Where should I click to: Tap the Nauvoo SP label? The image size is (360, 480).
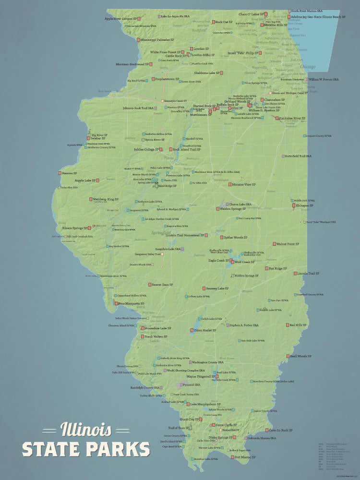click(x=69, y=173)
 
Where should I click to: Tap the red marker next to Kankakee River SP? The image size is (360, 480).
click(x=277, y=118)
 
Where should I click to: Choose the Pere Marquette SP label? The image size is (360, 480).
click(x=132, y=303)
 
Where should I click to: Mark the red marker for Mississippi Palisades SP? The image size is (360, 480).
click(x=138, y=40)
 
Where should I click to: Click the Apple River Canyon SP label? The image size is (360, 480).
click(x=121, y=19)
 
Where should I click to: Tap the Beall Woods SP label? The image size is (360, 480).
click(x=301, y=356)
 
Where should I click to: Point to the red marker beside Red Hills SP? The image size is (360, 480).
click(x=287, y=325)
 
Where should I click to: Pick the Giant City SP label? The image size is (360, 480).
click(x=188, y=420)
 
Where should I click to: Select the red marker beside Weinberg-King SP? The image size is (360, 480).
click(x=91, y=199)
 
